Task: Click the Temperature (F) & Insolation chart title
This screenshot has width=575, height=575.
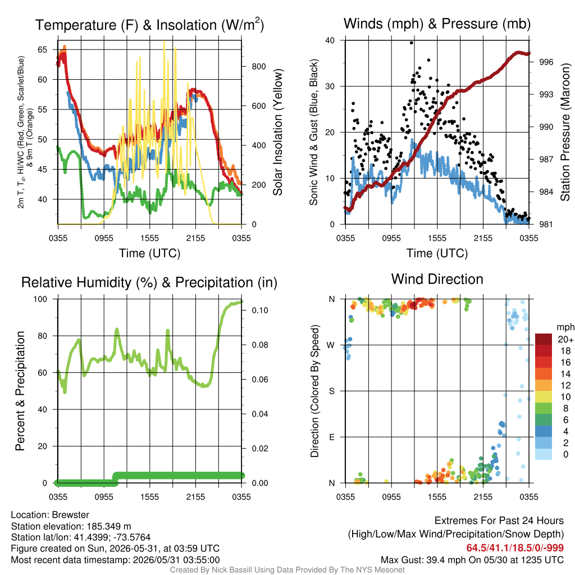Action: [149, 25]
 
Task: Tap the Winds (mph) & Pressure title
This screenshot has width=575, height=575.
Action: [437, 24]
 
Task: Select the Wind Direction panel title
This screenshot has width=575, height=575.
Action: [437, 279]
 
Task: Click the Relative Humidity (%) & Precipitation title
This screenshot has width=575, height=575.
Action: [149, 282]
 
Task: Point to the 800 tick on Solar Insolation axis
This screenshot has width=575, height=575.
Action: [259, 66]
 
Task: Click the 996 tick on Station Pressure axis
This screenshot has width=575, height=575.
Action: [546, 62]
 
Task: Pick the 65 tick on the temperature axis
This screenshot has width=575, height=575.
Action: [43, 49]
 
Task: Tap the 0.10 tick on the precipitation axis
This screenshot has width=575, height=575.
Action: [260, 310]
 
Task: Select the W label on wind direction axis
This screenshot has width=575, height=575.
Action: [331, 345]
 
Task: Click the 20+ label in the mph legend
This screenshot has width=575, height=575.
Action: [565, 339]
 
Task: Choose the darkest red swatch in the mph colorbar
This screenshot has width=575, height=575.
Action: [544, 339]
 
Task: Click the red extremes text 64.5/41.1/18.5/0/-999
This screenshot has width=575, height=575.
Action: [515, 548]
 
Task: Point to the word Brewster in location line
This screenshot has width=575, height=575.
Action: [70, 515]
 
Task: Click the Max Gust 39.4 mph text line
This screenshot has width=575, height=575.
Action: [472, 560]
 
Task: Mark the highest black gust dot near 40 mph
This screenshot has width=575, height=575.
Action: [412, 43]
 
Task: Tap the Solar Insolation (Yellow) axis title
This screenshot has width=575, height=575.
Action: [278, 132]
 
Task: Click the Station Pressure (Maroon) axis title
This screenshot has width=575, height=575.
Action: [565, 132]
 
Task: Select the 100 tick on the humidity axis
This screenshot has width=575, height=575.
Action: [40, 299]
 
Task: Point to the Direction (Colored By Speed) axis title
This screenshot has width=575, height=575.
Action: [314, 391]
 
